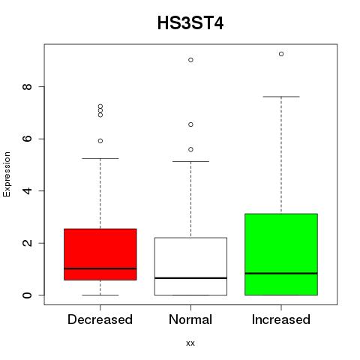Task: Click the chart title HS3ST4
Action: click(190, 23)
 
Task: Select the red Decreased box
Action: click(100, 254)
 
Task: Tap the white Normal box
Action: click(190, 266)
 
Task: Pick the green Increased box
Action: click(281, 254)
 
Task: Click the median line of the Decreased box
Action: click(100, 268)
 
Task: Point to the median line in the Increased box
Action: click(281, 273)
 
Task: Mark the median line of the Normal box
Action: click(190, 278)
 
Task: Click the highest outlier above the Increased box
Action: click(281, 54)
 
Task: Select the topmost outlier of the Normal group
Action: click(190, 60)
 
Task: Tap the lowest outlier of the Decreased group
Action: click(100, 141)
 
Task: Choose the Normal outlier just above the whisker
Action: click(190, 149)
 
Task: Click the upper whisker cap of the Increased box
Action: click(281, 97)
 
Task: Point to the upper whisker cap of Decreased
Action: click(100, 158)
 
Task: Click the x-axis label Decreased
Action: click(100, 319)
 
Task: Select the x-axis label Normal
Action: click(190, 319)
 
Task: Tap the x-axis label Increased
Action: click(281, 319)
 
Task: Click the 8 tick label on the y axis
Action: click(27, 87)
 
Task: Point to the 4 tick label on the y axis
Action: click(27, 191)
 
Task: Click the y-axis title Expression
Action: click(7, 174)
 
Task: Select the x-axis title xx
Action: click(190, 343)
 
